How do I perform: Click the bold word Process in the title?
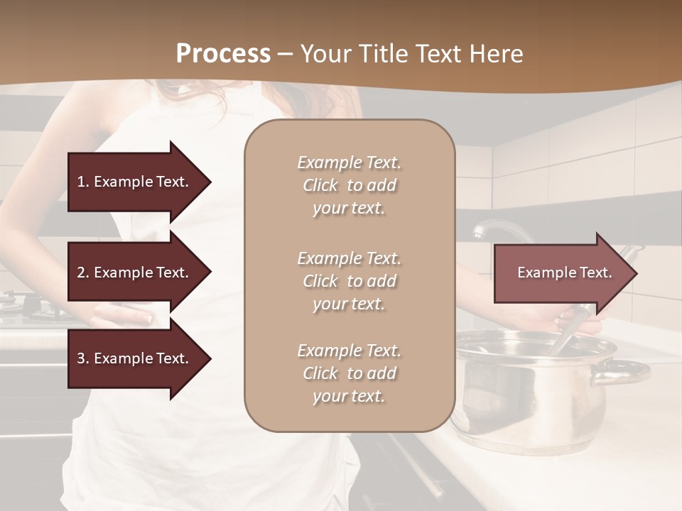(223, 54)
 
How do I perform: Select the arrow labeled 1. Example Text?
(134, 182)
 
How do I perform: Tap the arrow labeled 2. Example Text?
(134, 273)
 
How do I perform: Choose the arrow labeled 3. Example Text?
(134, 358)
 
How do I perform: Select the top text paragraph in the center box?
(349, 185)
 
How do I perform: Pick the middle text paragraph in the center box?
(349, 281)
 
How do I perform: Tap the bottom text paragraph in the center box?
(349, 373)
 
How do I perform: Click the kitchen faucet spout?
(497, 229)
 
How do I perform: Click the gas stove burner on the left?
(28, 305)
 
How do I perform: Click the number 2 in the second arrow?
(81, 273)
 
